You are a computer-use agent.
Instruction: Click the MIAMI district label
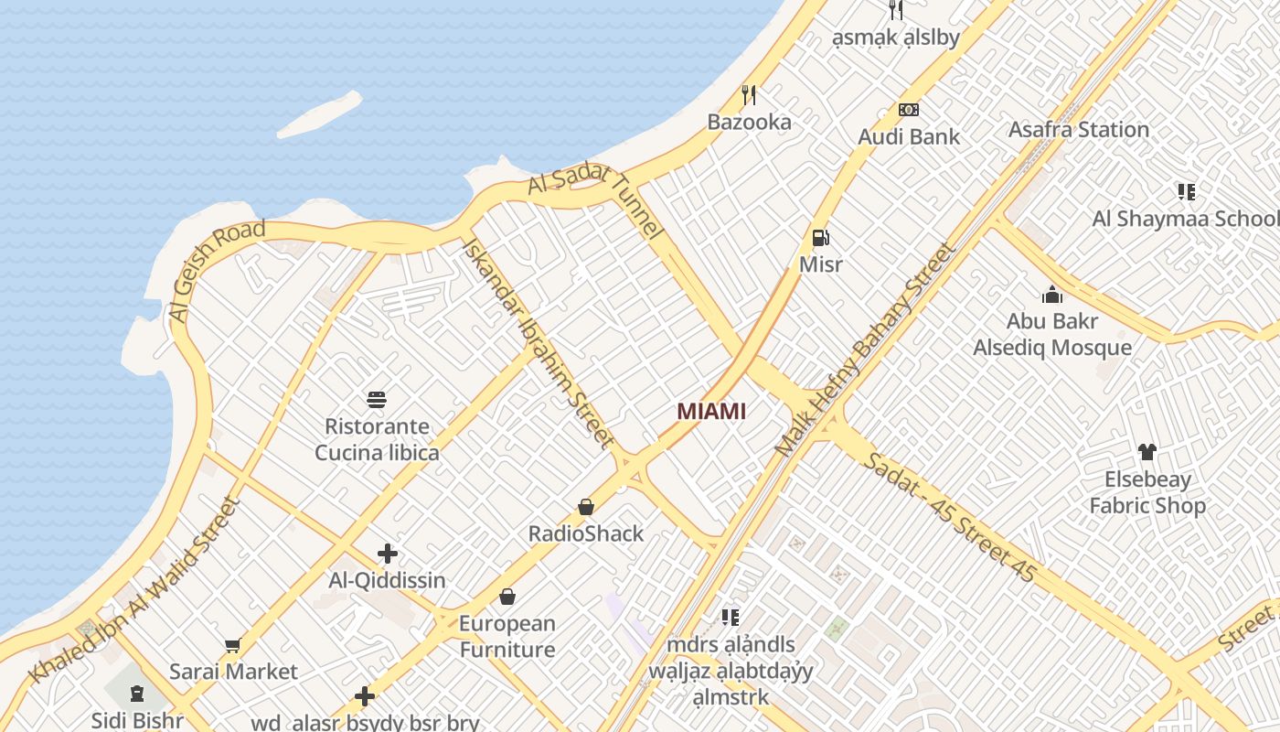pyautogui.click(x=711, y=412)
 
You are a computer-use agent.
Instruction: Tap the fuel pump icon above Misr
pyautogui.click(x=820, y=238)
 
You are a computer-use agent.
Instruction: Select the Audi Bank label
pyautogui.click(x=909, y=137)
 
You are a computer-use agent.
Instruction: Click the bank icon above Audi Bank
pyautogui.click(x=908, y=110)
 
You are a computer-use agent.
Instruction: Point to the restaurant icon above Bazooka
pyautogui.click(x=749, y=94)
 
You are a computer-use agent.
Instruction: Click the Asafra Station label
pyautogui.click(x=1078, y=130)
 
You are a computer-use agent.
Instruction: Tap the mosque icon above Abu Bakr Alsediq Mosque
pyautogui.click(x=1052, y=295)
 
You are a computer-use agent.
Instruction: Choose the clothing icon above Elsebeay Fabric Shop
pyautogui.click(x=1147, y=452)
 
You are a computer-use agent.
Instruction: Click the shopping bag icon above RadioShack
pyautogui.click(x=586, y=506)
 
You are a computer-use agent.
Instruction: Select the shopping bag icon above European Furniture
pyautogui.click(x=507, y=597)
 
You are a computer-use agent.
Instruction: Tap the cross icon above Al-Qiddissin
pyautogui.click(x=388, y=554)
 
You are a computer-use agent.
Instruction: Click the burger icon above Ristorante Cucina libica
pyautogui.click(x=377, y=399)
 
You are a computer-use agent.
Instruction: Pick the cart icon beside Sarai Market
pyautogui.click(x=233, y=646)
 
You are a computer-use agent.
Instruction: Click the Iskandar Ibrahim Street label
pyautogui.click(x=537, y=343)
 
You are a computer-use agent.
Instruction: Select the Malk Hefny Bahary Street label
pyautogui.click(x=864, y=350)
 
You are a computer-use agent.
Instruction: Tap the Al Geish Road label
pyautogui.click(x=216, y=271)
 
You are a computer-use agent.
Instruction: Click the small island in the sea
pyautogui.click(x=319, y=113)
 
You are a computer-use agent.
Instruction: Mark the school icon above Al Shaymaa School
pyautogui.click(x=1186, y=192)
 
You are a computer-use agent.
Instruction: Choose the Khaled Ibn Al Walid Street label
pyautogui.click(x=133, y=590)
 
